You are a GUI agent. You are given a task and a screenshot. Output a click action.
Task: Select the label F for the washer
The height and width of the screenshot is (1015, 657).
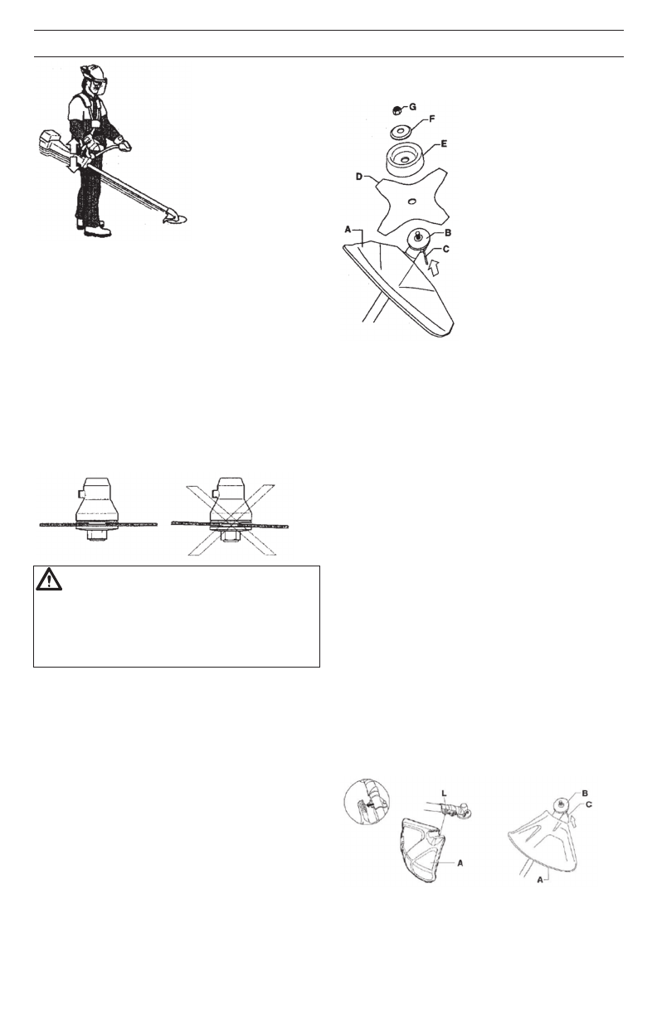coord(431,121)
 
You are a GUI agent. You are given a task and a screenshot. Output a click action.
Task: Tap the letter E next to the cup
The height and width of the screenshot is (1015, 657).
coord(445,143)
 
